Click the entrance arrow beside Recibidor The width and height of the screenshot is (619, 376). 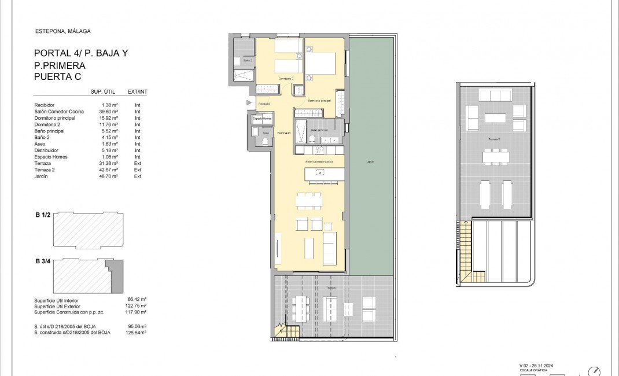249,103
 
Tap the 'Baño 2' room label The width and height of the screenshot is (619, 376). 248,60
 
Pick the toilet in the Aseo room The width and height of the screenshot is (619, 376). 264,141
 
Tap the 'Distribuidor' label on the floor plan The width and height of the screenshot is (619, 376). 283,133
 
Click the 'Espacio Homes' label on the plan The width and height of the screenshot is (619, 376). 261,119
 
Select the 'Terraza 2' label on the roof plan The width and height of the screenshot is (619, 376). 493,140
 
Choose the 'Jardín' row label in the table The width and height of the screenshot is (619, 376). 42,176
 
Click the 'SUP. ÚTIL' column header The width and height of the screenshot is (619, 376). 105,91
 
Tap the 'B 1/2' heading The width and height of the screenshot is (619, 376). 44,215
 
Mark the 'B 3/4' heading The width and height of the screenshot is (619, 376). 44,261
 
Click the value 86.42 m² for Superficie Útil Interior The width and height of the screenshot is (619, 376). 136,300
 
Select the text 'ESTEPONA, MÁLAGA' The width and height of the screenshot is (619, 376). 62,31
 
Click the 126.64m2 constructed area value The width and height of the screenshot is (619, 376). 135,332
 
